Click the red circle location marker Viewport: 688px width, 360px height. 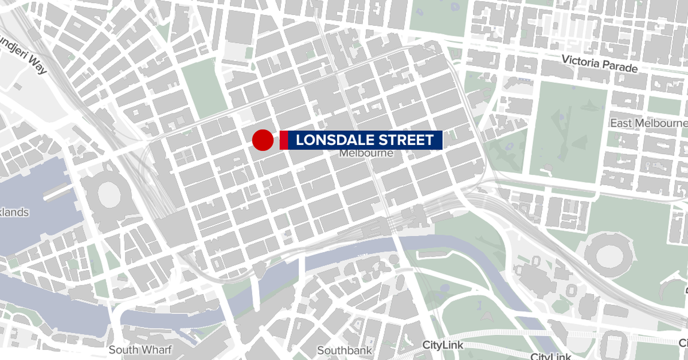coord(263,140)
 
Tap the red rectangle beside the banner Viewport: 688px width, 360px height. coord(283,140)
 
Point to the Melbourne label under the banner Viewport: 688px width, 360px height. coord(366,154)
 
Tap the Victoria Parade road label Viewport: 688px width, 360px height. coord(600,64)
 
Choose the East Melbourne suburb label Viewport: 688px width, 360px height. coord(648,124)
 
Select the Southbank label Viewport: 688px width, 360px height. coord(345,350)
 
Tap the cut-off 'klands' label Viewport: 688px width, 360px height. coord(14,213)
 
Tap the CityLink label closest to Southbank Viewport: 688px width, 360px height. coord(443,345)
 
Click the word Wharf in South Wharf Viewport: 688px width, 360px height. coord(149,350)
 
